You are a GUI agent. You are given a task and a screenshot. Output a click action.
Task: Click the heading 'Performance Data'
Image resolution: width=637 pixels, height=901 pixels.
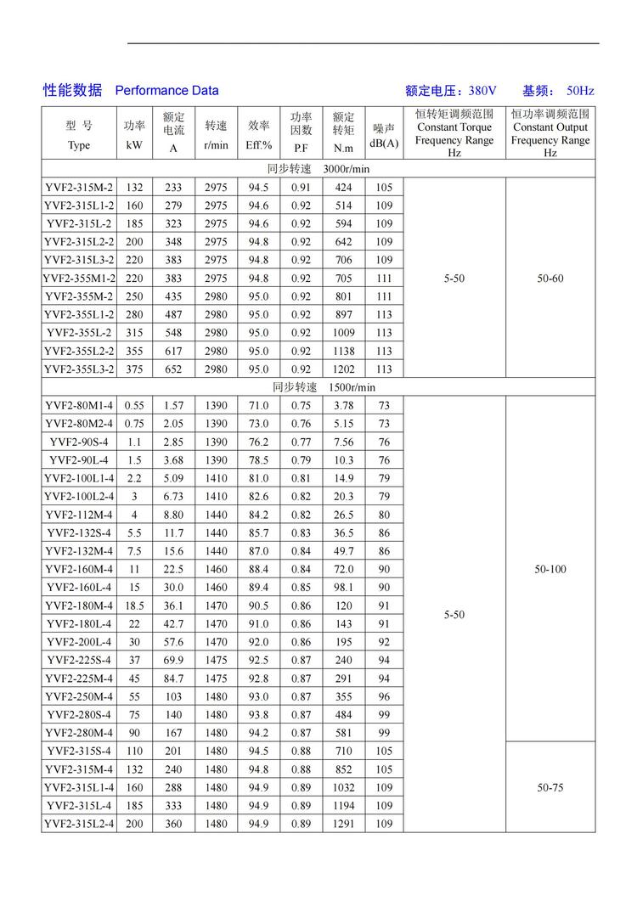click(166, 91)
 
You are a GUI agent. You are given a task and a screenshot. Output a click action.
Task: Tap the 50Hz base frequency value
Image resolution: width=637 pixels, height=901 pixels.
click(579, 91)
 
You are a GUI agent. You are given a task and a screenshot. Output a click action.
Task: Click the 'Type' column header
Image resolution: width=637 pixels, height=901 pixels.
click(78, 145)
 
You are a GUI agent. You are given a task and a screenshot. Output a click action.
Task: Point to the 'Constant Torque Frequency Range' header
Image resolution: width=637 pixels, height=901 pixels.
click(454, 133)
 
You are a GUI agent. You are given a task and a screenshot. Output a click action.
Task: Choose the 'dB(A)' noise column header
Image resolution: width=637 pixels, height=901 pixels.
click(384, 144)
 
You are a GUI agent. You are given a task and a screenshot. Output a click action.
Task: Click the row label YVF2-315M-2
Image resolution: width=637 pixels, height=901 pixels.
click(79, 188)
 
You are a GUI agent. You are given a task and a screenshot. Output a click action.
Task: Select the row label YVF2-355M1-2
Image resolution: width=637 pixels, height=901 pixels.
click(79, 279)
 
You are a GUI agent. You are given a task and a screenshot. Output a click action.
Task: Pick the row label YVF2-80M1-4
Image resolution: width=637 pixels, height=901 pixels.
click(79, 406)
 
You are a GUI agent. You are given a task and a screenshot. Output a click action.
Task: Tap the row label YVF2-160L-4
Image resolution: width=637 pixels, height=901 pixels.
click(79, 588)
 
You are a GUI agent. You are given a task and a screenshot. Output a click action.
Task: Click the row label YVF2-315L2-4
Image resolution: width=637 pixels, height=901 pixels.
click(79, 824)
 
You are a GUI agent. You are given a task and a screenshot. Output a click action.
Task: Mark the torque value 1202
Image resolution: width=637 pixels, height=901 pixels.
click(344, 369)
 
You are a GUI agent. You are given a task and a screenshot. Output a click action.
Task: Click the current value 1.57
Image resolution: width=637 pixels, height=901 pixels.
click(173, 406)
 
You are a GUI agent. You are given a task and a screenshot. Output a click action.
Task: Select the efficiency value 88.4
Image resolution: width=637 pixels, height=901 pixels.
click(258, 569)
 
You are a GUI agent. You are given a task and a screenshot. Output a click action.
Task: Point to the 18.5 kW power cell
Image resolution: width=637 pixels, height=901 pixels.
click(134, 605)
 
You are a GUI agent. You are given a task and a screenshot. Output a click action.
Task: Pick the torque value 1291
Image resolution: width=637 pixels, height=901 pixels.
click(344, 824)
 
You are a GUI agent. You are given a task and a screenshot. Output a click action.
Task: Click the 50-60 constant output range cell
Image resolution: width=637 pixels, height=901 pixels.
click(550, 279)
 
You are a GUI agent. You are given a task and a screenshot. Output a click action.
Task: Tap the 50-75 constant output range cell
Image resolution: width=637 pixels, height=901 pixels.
click(550, 787)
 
